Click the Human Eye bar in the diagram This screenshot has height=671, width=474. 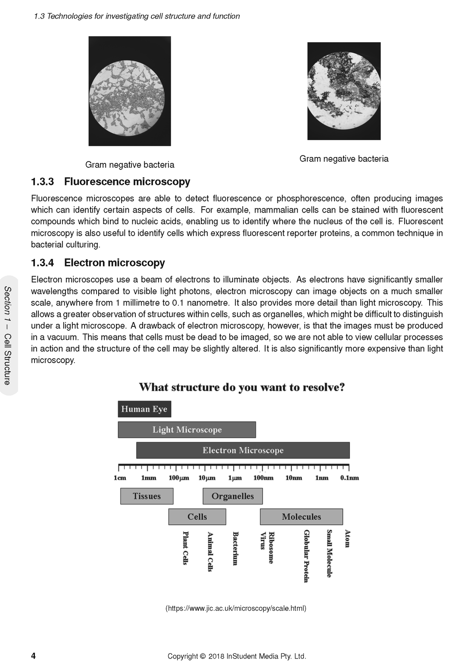(144, 409)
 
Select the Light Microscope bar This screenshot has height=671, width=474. (187, 430)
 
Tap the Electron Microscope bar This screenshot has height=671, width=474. (243, 450)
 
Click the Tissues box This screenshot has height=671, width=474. (147, 496)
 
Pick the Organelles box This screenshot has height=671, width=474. (232, 496)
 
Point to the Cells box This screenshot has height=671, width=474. (197, 517)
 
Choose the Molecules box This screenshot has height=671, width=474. (301, 517)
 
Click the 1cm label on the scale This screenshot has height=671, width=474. (120, 478)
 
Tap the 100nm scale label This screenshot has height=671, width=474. (263, 478)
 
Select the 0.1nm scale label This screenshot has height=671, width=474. (349, 478)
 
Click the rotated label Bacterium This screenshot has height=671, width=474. (235, 548)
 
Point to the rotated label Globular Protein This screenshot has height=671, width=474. (306, 556)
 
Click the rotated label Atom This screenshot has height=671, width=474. (347, 539)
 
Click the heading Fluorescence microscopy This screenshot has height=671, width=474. (127, 182)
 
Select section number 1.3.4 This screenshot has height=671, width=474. (42, 263)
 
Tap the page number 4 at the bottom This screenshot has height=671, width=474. (33, 656)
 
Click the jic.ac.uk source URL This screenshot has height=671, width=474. (236, 608)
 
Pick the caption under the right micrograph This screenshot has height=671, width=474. (343, 159)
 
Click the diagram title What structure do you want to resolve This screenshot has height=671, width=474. (242, 387)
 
